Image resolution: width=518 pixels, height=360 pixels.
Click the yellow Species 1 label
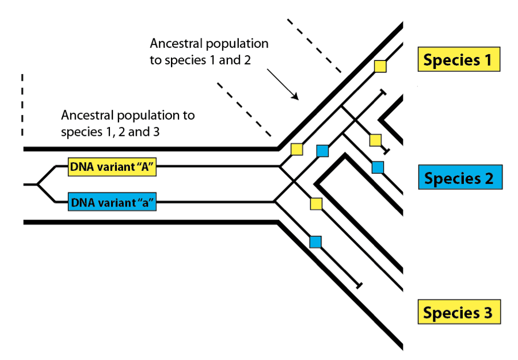[459, 60]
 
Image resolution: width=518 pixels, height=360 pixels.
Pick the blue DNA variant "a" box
[113, 202]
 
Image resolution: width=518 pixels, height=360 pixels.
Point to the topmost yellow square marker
[380, 66]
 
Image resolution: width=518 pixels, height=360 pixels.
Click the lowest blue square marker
[315, 242]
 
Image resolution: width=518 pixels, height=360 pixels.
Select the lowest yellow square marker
[316, 203]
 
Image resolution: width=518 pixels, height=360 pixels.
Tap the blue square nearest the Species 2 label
[378, 167]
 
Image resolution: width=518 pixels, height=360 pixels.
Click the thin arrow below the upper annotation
[282, 84]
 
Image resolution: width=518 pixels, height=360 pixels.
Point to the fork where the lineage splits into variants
[38, 185]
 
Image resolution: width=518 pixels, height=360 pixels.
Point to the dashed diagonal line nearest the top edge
[314, 45]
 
